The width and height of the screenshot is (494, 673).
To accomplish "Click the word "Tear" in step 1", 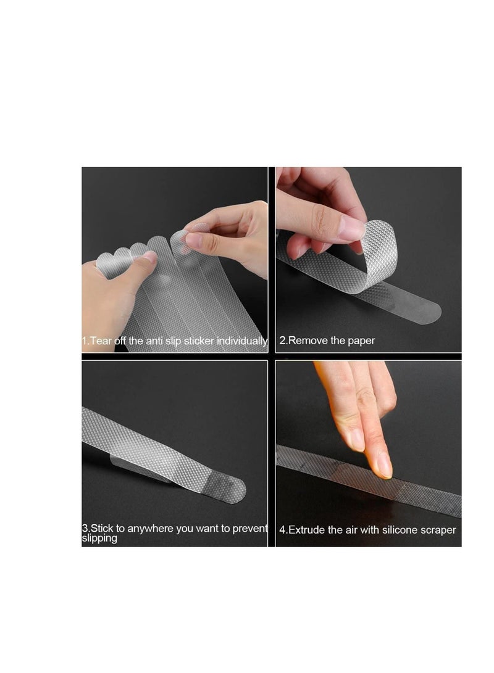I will (x=101, y=341).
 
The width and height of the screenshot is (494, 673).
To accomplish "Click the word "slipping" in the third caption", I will (x=99, y=539).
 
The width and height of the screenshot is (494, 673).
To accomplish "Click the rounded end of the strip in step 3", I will (x=233, y=490).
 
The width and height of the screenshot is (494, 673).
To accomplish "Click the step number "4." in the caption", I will (x=283, y=530).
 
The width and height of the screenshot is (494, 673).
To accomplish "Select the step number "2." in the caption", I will (x=283, y=341).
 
